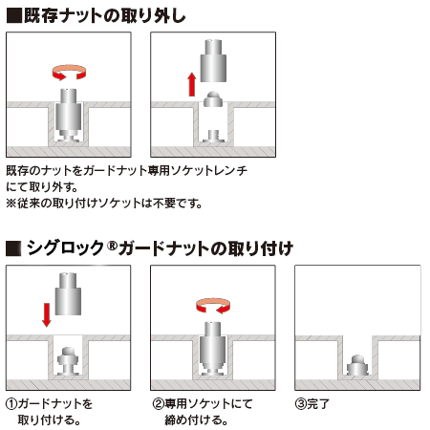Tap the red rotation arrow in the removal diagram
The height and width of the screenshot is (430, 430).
(68, 73)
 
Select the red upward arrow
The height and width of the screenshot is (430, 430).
(191, 84)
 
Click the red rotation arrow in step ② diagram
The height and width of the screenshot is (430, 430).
(213, 304)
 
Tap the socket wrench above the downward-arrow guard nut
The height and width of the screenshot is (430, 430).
(68, 294)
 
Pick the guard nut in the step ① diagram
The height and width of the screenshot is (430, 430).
(68, 359)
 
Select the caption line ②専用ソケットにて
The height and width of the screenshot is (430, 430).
(200, 403)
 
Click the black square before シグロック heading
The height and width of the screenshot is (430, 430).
(12, 247)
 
